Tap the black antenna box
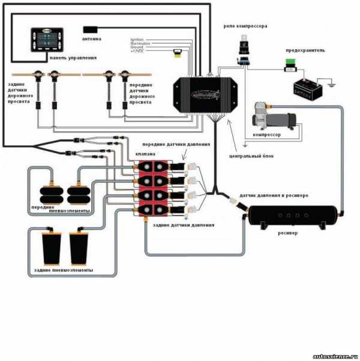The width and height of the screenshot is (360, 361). tap(91, 29)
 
